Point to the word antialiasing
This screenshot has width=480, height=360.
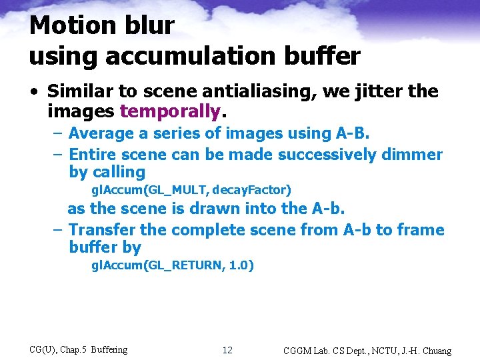[x=260, y=91]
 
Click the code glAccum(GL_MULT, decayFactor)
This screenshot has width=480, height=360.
[x=191, y=190]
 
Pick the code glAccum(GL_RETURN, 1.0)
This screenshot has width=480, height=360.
[x=173, y=265]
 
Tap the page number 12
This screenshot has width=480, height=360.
[x=227, y=350]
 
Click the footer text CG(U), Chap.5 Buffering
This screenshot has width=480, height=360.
[x=79, y=349]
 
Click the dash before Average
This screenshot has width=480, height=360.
[x=57, y=134]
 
